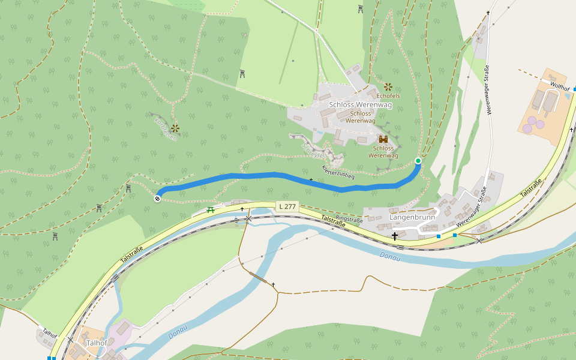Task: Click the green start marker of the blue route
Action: tap(418, 161)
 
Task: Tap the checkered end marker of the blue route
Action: tap(158, 199)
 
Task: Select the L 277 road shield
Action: tap(287, 206)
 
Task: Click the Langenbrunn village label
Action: tap(411, 217)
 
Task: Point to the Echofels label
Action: tap(388, 95)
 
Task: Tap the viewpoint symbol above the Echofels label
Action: tap(388, 86)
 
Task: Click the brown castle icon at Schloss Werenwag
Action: tap(383, 139)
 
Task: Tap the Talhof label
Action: tap(96, 343)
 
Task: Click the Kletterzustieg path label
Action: tap(338, 172)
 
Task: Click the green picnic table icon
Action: tap(211, 210)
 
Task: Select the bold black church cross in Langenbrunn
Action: tap(395, 236)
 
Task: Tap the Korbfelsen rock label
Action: tap(166, 128)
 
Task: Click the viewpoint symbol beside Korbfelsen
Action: tap(175, 128)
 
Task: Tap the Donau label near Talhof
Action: tap(178, 331)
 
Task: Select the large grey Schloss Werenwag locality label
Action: tap(360, 105)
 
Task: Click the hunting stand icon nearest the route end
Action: tap(128, 188)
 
